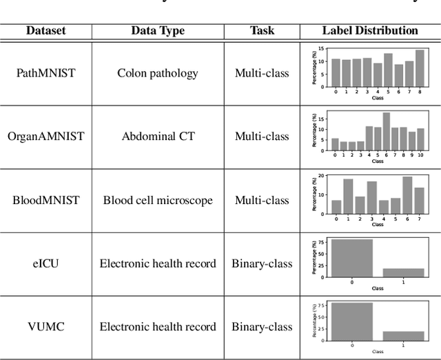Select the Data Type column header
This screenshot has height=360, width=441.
157,31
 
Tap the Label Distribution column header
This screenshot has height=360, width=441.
370,31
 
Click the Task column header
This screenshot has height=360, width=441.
261,31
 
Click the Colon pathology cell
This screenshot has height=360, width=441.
157,73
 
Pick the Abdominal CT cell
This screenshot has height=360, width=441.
157,137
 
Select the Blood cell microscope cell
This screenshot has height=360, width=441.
157,200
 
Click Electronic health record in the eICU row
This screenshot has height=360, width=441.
157,263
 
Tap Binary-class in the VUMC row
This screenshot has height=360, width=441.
261,327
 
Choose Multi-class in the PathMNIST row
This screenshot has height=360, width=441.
261,73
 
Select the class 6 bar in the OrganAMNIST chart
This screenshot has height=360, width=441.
386,130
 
